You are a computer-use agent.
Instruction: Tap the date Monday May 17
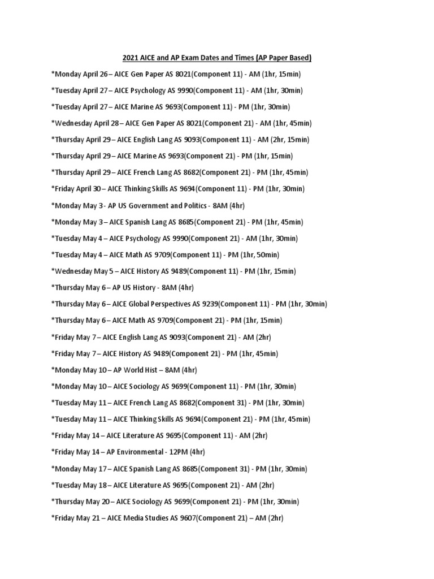75,469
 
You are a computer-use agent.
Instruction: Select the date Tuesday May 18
76,485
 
